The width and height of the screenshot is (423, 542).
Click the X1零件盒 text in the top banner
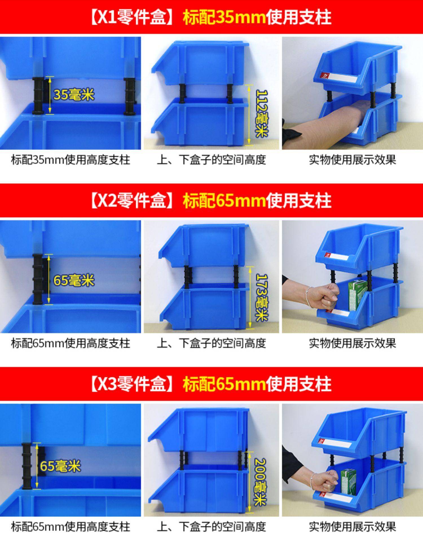coord(131,17)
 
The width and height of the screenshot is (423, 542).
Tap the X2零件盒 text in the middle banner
coord(131,201)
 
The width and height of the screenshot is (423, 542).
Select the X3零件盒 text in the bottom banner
coord(131,384)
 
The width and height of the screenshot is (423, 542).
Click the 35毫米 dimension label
coord(74,95)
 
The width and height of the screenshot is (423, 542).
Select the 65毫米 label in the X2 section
coord(74,280)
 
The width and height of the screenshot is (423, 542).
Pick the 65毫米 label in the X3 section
coord(60,465)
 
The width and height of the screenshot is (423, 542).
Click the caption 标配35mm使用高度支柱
coord(70,160)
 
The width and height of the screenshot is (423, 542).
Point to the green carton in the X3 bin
coord(349,481)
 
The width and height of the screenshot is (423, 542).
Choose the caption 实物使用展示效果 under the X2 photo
coord(352,343)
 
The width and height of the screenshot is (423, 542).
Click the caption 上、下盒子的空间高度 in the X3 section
coord(211,527)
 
